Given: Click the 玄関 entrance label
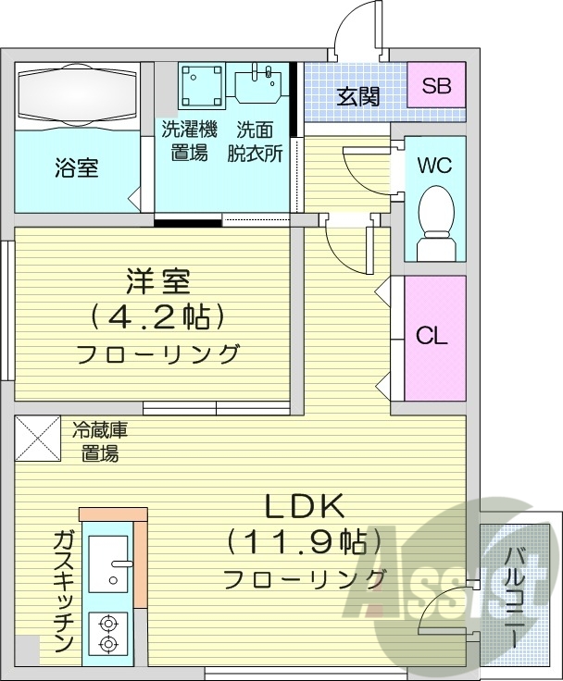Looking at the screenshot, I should pyautogui.click(x=357, y=94).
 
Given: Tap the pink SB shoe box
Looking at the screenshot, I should pyautogui.click(x=435, y=88).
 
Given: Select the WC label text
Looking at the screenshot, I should pyautogui.click(x=433, y=166).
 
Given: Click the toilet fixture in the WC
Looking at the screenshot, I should pyautogui.click(x=433, y=219).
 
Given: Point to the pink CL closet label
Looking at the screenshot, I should pyautogui.click(x=432, y=336).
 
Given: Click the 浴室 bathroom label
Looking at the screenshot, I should pyautogui.click(x=77, y=168).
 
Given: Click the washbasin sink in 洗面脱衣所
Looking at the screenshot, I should pyautogui.click(x=257, y=84).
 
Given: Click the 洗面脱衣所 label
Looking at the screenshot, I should pyautogui.click(x=256, y=141).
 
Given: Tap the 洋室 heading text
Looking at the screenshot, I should pyautogui.click(x=157, y=279).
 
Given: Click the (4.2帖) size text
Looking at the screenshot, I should pyautogui.click(x=157, y=317).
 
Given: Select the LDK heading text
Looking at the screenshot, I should pyautogui.click(x=305, y=506).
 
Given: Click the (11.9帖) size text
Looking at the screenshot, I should pyautogui.click(x=305, y=541).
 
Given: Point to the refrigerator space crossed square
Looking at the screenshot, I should pyautogui.click(x=37, y=440).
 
